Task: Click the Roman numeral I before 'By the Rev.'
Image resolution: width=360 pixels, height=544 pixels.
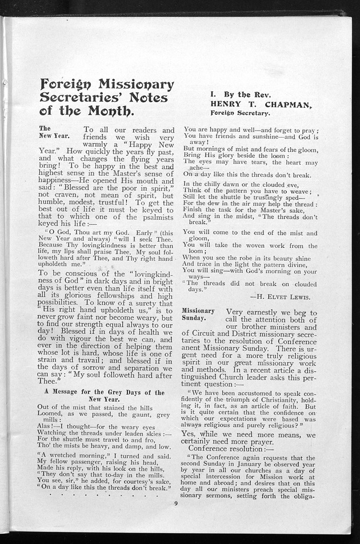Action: [x=212, y=95]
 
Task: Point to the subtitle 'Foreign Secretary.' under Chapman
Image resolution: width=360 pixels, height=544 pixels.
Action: [x=239, y=113]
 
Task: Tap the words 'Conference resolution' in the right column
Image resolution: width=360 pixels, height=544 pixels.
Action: [x=224, y=448]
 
